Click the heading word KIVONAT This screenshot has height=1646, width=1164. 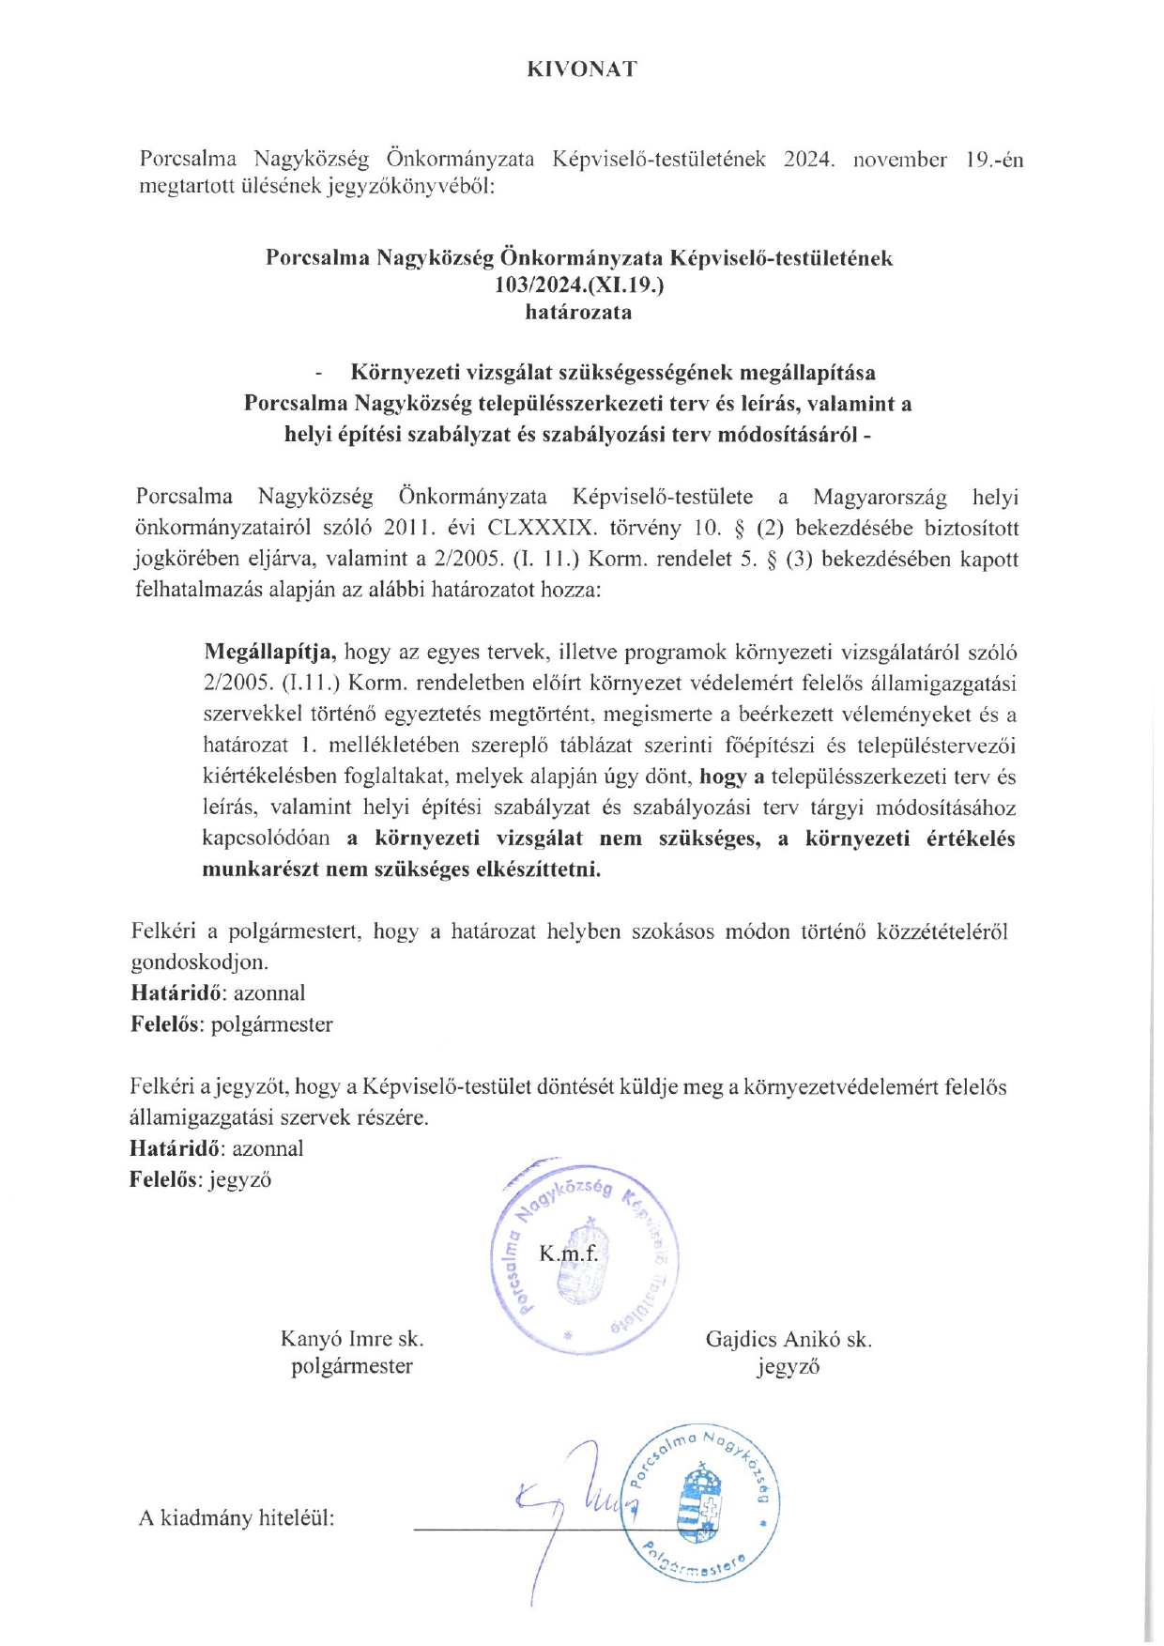pyautogui.click(x=581, y=69)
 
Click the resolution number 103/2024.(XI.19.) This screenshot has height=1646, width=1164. pyautogui.click(x=579, y=285)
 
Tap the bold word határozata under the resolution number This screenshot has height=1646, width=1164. pyautogui.click(x=578, y=312)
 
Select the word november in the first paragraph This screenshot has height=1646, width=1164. pyautogui.click(x=899, y=160)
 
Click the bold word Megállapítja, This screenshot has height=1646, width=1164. pyautogui.click(x=270, y=652)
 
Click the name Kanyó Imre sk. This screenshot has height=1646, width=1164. pyautogui.click(x=352, y=1339)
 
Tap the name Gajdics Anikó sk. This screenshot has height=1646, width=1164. pyautogui.click(x=789, y=1339)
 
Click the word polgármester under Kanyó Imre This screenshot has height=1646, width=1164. pyautogui.click(x=352, y=1366)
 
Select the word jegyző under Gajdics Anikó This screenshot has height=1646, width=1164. pyautogui.click(x=789, y=1367)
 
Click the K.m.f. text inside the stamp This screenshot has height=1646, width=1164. pyautogui.click(x=568, y=1254)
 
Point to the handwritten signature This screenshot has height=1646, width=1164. pyautogui.click(x=573, y=1502)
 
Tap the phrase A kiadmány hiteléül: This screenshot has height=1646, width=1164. pyautogui.click(x=237, y=1518)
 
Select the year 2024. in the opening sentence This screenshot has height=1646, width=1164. pyautogui.click(x=809, y=160)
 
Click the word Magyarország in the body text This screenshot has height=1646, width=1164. pyautogui.click(x=880, y=497)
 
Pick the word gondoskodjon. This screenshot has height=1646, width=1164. pyautogui.click(x=199, y=962)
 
